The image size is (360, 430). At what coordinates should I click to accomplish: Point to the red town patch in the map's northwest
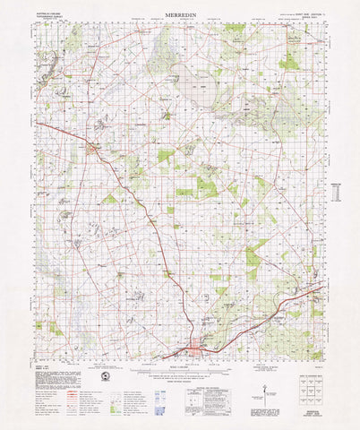coord(92,148)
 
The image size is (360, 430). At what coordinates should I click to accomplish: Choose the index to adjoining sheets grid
coord(309,387)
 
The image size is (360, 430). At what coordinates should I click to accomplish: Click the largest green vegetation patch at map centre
coord(205,187)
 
